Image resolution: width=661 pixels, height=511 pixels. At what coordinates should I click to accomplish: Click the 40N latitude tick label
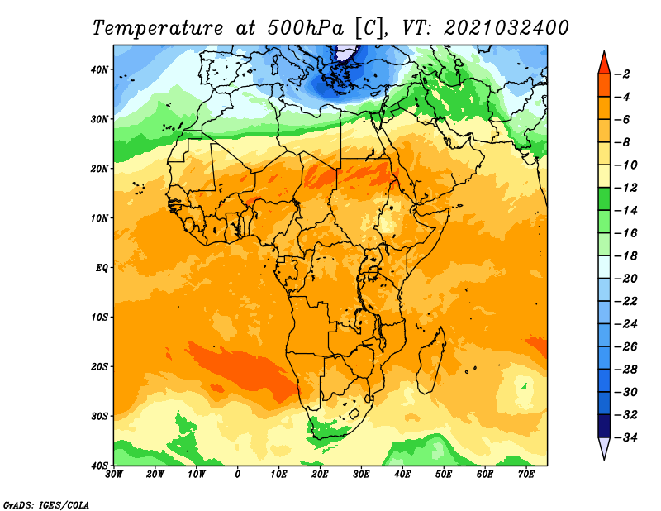(99, 69)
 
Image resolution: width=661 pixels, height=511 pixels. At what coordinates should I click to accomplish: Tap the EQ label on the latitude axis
(102, 268)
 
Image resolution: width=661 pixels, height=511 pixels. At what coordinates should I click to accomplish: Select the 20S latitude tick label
(99, 366)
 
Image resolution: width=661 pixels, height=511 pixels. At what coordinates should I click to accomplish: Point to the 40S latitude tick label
(99, 466)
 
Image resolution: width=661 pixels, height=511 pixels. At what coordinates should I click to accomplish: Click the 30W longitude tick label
(114, 475)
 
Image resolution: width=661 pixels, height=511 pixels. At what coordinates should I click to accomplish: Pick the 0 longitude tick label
(238, 475)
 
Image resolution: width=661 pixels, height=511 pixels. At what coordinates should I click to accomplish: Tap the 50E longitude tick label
(444, 475)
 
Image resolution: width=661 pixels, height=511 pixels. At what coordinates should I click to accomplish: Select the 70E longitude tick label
(526, 475)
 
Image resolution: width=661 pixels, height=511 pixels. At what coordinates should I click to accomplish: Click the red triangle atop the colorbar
(604, 64)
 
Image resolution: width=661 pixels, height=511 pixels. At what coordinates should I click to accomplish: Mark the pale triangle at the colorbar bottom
(604, 447)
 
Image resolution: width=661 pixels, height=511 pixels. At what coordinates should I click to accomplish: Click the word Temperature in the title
(158, 28)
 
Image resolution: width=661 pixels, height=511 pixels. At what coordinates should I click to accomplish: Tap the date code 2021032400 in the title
(506, 28)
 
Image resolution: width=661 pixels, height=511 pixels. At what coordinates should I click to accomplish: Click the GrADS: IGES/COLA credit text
(46, 504)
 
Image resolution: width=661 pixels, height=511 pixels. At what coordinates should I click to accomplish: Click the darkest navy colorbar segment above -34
(604, 426)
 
